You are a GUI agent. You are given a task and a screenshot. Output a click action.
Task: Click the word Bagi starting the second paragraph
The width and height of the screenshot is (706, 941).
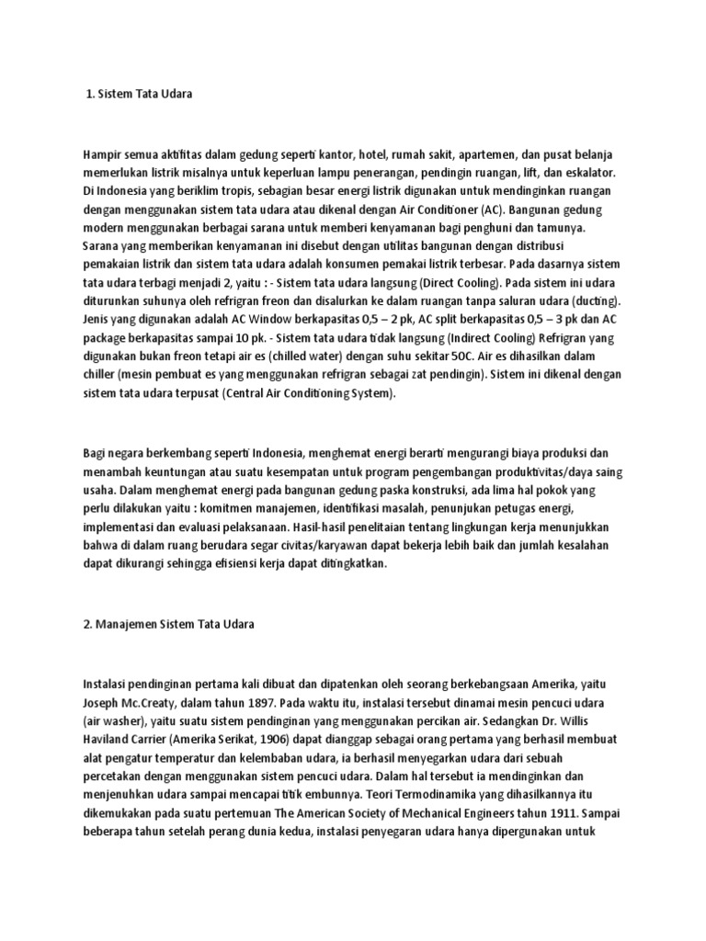click(x=96, y=453)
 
